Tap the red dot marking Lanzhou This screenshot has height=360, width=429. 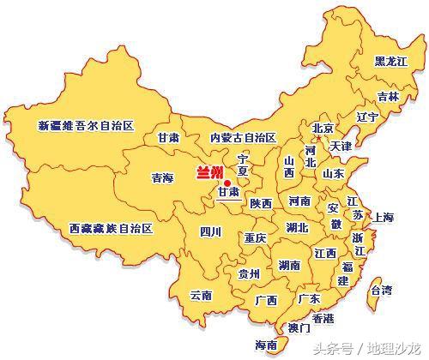click(227, 182)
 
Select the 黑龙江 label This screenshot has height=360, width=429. click(392, 62)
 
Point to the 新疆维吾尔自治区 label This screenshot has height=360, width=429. click(87, 125)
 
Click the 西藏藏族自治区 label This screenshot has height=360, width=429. click(110, 229)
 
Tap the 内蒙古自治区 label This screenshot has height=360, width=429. click(243, 137)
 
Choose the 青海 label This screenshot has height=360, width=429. click(162, 178)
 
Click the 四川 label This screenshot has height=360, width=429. click(210, 231)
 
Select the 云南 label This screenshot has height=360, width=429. click(201, 295)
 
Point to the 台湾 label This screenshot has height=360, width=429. click(381, 291)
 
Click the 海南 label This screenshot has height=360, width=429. click(267, 345)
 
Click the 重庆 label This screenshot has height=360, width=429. click(255, 237)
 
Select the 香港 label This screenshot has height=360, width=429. click(323, 317)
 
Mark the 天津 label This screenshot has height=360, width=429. click(341, 147)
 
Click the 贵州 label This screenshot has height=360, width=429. click(250, 273)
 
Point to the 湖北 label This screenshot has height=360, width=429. click(298, 228)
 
